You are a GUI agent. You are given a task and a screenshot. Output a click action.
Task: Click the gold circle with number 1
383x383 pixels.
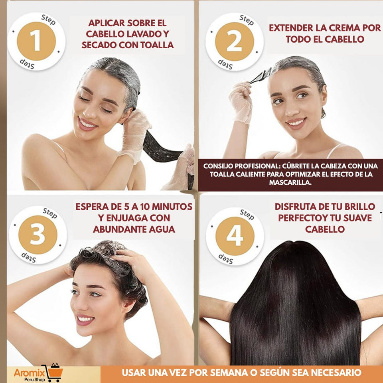[36, 41]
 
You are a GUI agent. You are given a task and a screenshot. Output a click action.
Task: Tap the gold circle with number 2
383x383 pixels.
[235, 41]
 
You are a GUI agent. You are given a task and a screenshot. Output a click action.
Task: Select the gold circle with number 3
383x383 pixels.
[38, 235]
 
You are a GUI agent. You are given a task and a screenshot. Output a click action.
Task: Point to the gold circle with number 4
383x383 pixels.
[235, 236]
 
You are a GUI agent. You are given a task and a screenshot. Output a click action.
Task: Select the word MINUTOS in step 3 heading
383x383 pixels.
[172, 207]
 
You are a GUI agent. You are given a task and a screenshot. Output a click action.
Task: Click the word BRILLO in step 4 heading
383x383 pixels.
[359, 207]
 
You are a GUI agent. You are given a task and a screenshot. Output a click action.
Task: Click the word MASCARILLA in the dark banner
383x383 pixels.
[290, 182]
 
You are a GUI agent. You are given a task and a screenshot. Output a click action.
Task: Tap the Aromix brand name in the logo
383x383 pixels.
[29, 373]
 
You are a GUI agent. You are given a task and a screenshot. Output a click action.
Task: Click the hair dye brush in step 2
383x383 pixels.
[261, 76]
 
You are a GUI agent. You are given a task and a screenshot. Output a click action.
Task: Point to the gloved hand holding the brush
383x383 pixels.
[241, 103]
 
